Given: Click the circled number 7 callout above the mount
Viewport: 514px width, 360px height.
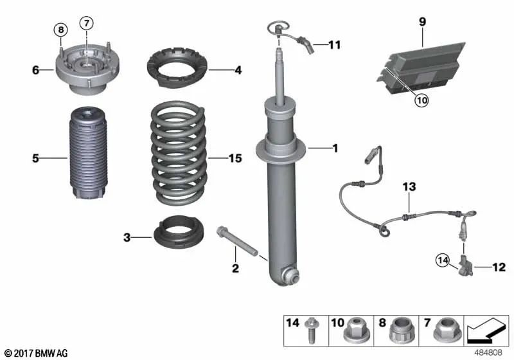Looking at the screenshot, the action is [x=87, y=23].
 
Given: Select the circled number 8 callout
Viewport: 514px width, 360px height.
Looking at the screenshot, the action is [x=61, y=30].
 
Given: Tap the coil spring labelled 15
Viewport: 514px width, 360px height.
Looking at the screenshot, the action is [x=179, y=153].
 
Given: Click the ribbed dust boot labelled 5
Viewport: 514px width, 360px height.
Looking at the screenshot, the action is [x=89, y=154].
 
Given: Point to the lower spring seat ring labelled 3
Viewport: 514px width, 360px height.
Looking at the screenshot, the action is [x=179, y=231].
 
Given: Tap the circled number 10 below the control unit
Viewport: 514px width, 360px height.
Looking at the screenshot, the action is [x=421, y=100].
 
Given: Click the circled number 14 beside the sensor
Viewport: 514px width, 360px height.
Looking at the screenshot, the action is [x=443, y=260].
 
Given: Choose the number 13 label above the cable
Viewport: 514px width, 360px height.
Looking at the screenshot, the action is [x=409, y=187].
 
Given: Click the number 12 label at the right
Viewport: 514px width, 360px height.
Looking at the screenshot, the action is [x=499, y=267].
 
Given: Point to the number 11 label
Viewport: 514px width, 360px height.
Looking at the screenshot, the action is [x=335, y=44].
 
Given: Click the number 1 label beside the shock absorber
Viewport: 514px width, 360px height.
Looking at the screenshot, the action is [x=335, y=148].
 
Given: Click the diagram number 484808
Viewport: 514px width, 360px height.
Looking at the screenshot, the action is [x=488, y=352].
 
